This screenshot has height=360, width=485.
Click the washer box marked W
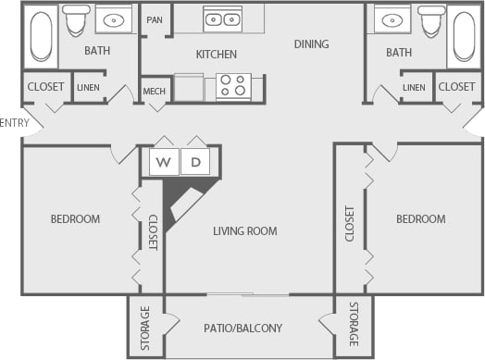165,162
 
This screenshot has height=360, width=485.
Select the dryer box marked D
195,162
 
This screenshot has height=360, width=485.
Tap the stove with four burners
233,86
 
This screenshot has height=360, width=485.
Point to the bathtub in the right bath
462,37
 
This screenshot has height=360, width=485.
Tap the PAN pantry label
155,19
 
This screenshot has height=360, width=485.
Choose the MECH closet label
155,91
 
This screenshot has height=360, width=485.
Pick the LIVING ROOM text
244,231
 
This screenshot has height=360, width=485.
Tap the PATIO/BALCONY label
242,328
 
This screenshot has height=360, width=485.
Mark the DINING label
311,43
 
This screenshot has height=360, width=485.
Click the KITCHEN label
216,55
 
